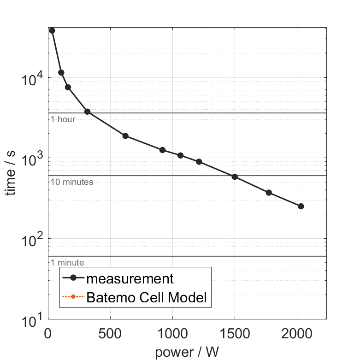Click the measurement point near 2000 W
[301, 206]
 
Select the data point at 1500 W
[235, 177]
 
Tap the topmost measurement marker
[52, 30]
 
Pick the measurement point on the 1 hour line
[87, 112]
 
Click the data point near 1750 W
[269, 193]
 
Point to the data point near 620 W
[125, 136]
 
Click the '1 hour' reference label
[63, 119]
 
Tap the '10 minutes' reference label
[72, 182]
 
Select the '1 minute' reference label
[67, 263]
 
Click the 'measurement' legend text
[130, 278]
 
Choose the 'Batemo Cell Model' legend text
[147, 298]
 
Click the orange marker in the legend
[73, 298]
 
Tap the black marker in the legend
[73, 279]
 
